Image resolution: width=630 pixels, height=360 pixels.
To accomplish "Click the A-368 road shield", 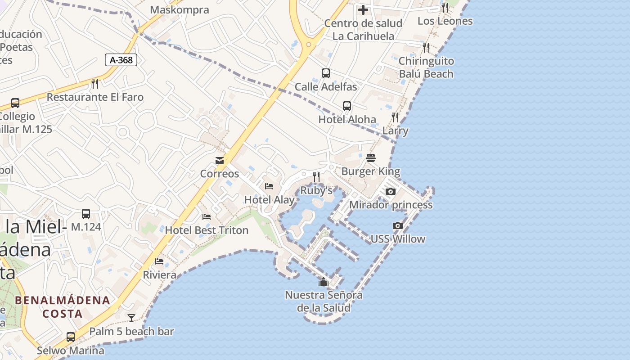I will point(121,60).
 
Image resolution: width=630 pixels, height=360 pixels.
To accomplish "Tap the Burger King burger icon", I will point(371,158).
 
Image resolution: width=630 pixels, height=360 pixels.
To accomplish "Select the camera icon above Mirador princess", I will point(391,191).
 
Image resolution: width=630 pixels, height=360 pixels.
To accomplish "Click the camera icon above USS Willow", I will point(398,225).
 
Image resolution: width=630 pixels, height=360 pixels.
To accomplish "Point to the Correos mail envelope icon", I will point(220,160).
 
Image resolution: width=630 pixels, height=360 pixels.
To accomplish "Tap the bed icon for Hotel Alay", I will point(269,186).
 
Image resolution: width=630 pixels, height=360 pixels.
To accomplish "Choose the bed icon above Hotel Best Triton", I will point(207,217).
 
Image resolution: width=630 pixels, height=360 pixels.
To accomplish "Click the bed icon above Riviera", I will point(159,261).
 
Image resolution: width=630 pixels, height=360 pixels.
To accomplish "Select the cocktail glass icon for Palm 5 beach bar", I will point(131,318).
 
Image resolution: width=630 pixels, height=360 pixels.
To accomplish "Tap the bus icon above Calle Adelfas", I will point(326,73).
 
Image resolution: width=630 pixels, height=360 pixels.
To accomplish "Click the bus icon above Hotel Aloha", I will point(347,106).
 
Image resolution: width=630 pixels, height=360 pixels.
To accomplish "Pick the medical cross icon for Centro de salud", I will point(363,9).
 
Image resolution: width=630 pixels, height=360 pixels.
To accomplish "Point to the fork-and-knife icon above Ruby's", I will point(316,177).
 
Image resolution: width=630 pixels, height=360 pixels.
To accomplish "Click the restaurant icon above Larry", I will point(395,117).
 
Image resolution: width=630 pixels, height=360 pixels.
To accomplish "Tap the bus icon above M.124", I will point(85,213).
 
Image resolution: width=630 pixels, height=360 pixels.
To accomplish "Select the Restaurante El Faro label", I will point(95,97).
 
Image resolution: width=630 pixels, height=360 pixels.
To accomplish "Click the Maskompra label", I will point(180,10).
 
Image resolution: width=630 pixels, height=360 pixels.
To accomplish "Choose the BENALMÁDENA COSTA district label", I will point(63,307).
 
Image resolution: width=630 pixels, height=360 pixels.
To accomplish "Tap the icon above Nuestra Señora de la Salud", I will point(324,282).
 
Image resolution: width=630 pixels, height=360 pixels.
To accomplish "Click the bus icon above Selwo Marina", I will point(71,337).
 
